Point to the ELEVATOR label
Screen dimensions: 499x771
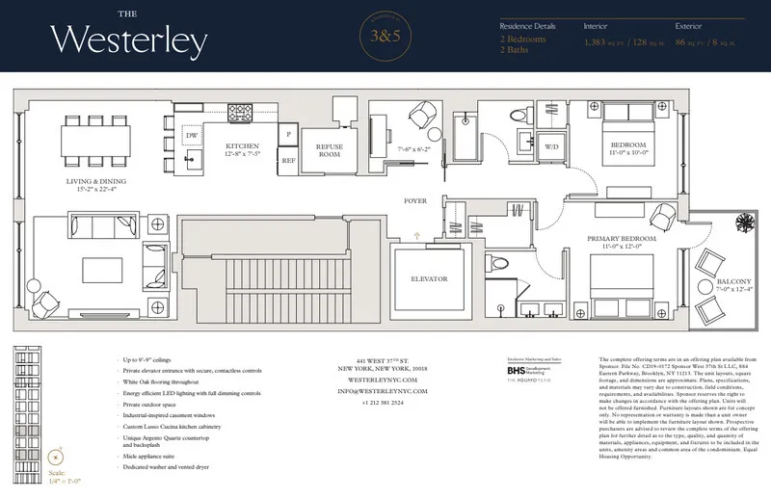(429, 278)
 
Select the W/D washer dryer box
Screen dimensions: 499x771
(553, 147)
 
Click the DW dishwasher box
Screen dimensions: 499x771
(192, 137)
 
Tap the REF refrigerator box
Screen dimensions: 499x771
(288, 162)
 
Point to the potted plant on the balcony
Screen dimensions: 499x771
(744, 223)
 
